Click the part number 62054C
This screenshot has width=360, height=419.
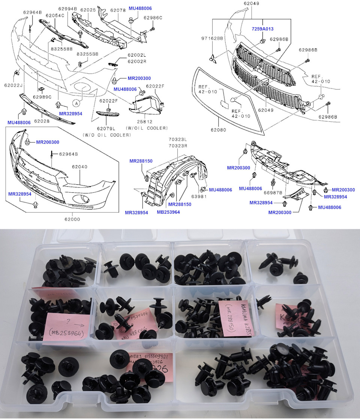[55, 15]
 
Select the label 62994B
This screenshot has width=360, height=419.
[67, 8]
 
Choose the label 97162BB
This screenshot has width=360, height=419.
[213, 39]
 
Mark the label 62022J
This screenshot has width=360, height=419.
[13, 85]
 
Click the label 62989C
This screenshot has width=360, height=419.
[42, 97]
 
